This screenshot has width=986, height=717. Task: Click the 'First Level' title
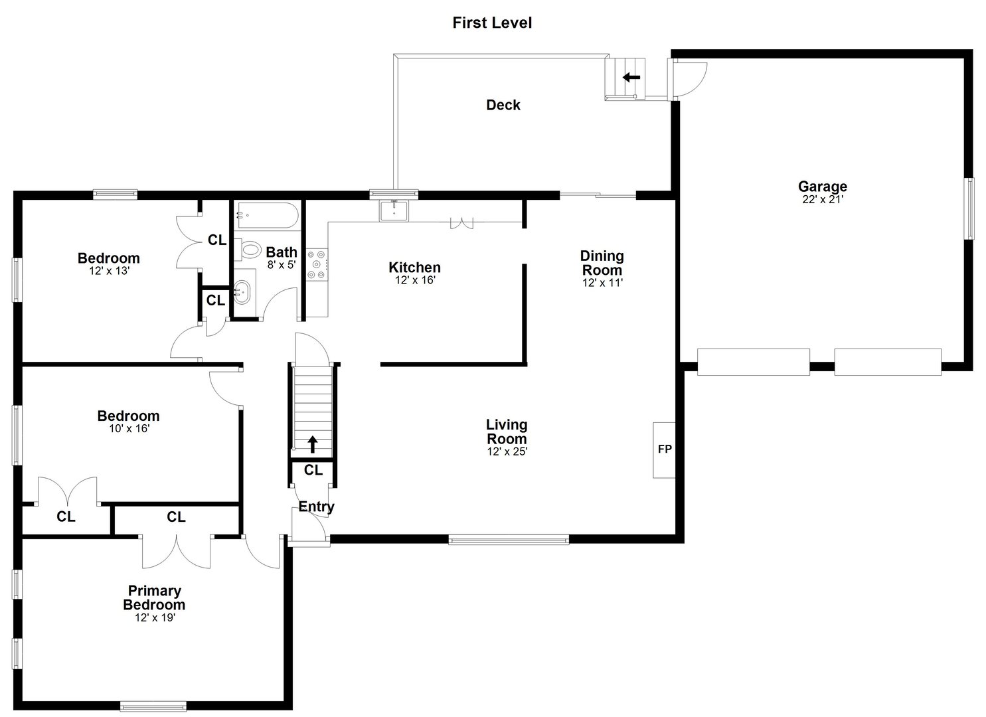coord(492,23)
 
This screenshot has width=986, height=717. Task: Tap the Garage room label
coord(822,187)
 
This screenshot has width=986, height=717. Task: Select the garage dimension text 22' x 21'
coord(822,199)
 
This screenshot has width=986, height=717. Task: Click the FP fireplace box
coord(664,449)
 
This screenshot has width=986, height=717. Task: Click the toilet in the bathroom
coord(250,250)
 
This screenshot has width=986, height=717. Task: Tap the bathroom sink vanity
coord(242,291)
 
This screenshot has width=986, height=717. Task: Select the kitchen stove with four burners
coord(317,264)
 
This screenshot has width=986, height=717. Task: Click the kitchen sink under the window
coord(394,210)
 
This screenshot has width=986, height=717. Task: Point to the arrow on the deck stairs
coord(631,77)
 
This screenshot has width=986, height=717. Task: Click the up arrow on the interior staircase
coord(311,443)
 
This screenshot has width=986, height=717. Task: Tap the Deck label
coord(503,105)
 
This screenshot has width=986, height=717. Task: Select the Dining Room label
coord(602,263)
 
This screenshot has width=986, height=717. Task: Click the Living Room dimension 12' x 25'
coord(507,451)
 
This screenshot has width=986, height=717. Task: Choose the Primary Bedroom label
coord(154,597)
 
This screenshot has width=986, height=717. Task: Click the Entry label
coord(316,507)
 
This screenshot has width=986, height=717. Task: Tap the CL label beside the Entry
coord(313,471)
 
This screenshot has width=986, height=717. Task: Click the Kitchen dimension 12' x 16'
coord(414,280)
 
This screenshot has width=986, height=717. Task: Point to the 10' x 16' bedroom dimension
coord(129,429)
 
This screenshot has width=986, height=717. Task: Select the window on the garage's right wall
coord(969,208)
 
